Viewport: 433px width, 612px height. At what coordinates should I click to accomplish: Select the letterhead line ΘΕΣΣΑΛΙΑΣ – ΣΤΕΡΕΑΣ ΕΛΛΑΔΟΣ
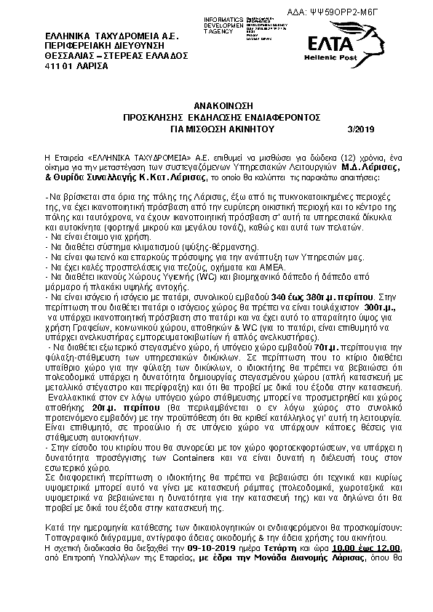pyautogui.click(x=106, y=55)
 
